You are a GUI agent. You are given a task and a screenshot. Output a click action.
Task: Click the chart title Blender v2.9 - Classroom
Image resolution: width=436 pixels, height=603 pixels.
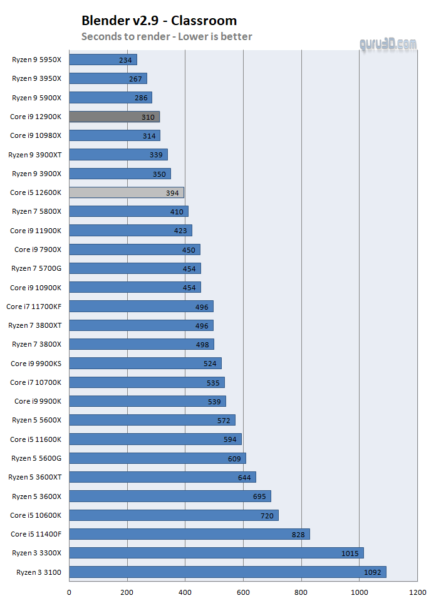click(159, 21)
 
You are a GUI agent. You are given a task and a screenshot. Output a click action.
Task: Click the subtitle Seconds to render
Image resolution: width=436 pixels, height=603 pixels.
click(167, 36)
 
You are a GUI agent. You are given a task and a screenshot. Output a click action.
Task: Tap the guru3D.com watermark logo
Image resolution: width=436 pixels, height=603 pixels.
click(388, 44)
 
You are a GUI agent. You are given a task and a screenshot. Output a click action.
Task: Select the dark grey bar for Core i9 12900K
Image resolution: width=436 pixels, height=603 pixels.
click(114, 117)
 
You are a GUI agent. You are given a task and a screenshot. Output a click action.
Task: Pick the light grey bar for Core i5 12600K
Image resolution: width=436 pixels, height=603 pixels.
click(126, 192)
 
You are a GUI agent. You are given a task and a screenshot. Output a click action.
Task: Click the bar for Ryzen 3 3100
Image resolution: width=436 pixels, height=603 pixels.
click(227, 572)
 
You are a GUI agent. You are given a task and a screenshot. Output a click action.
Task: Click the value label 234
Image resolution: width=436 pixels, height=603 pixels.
click(125, 60)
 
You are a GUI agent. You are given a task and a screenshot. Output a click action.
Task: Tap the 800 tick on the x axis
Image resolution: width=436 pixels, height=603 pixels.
click(301, 592)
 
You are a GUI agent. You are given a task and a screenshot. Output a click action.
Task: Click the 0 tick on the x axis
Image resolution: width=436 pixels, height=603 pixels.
click(69, 592)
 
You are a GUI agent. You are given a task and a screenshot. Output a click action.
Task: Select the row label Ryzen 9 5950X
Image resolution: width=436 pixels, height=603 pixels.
click(36, 60)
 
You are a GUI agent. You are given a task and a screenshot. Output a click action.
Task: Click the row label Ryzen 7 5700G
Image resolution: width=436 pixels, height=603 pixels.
click(36, 268)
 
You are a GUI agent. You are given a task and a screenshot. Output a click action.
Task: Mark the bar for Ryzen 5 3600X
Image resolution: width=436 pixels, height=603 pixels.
click(170, 496)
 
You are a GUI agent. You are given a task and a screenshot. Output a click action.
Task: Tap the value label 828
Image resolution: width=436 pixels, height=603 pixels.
click(298, 534)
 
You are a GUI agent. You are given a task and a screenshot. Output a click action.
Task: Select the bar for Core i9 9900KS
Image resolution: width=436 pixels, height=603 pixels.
click(145, 364)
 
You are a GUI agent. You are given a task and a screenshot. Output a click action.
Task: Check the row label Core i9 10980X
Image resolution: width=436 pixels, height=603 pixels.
click(36, 135)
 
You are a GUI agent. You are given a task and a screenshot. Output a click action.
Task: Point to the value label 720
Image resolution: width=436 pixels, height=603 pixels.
click(266, 515)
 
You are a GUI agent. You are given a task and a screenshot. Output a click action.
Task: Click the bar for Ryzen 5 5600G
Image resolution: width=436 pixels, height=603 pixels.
click(157, 458)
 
